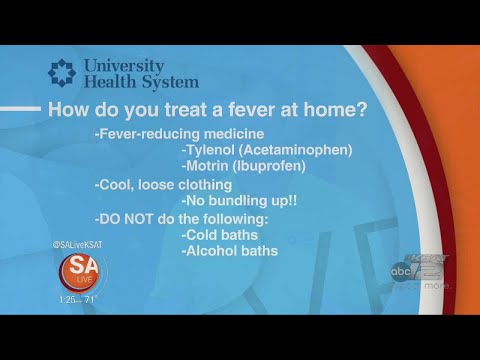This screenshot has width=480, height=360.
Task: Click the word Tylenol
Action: (x=212, y=150)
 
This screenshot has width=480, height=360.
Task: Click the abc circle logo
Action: (x=400, y=269)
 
